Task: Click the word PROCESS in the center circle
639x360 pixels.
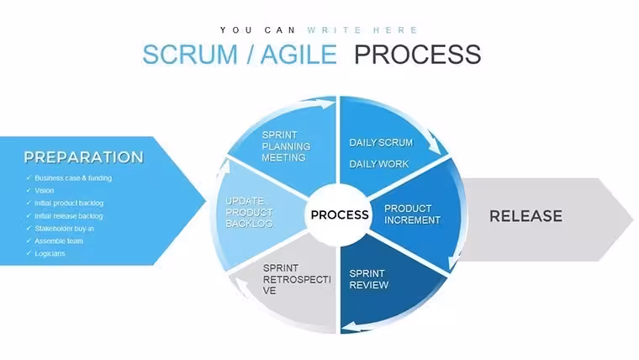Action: [340, 214]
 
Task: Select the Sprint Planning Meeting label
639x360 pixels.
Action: [286, 146]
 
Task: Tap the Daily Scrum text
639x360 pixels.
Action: [381, 143]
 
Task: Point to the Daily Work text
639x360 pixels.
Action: [379, 164]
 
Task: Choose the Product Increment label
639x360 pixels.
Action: [413, 214]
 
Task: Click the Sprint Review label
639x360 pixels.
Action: [369, 279]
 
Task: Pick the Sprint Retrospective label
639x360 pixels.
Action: [297, 279]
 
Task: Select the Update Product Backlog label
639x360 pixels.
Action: [249, 213]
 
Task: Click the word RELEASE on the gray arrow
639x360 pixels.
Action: [525, 216]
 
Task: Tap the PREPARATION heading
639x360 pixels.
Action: [83, 157]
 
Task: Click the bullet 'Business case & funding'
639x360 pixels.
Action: [73, 178]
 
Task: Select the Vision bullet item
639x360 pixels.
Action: [44, 190]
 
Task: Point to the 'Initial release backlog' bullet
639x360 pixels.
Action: [68, 216]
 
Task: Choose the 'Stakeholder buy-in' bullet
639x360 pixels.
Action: [65, 229]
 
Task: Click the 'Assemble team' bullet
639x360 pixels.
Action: [59, 241]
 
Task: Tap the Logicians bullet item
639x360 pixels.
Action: [50, 253]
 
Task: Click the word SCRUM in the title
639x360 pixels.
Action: [190, 54]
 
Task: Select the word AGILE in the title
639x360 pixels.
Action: [298, 54]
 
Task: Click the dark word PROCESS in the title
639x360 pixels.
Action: [418, 54]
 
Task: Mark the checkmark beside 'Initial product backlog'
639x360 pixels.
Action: [29, 203]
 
